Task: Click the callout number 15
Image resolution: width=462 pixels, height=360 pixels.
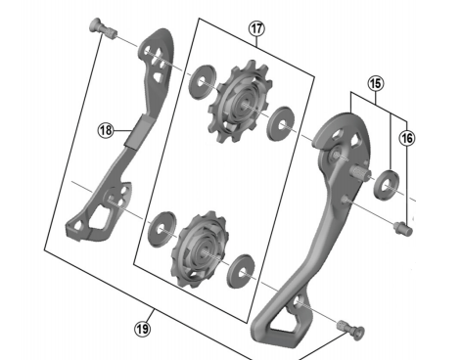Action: point(376,85)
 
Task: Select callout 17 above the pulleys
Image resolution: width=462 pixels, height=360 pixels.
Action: point(256,30)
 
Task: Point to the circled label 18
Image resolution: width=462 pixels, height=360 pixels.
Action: point(106,127)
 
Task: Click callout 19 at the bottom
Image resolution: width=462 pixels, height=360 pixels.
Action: point(143,329)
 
